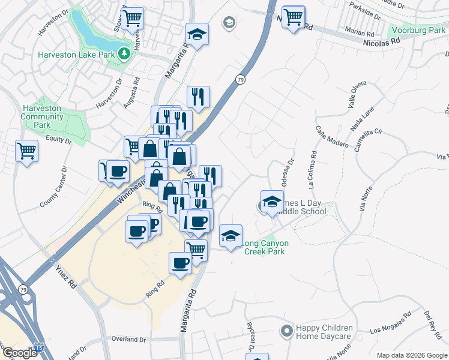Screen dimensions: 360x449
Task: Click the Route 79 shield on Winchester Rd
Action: pos(240,79)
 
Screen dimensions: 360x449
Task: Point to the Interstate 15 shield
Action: pos(39,347)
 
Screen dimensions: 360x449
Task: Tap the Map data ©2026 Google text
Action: pos(411,355)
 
